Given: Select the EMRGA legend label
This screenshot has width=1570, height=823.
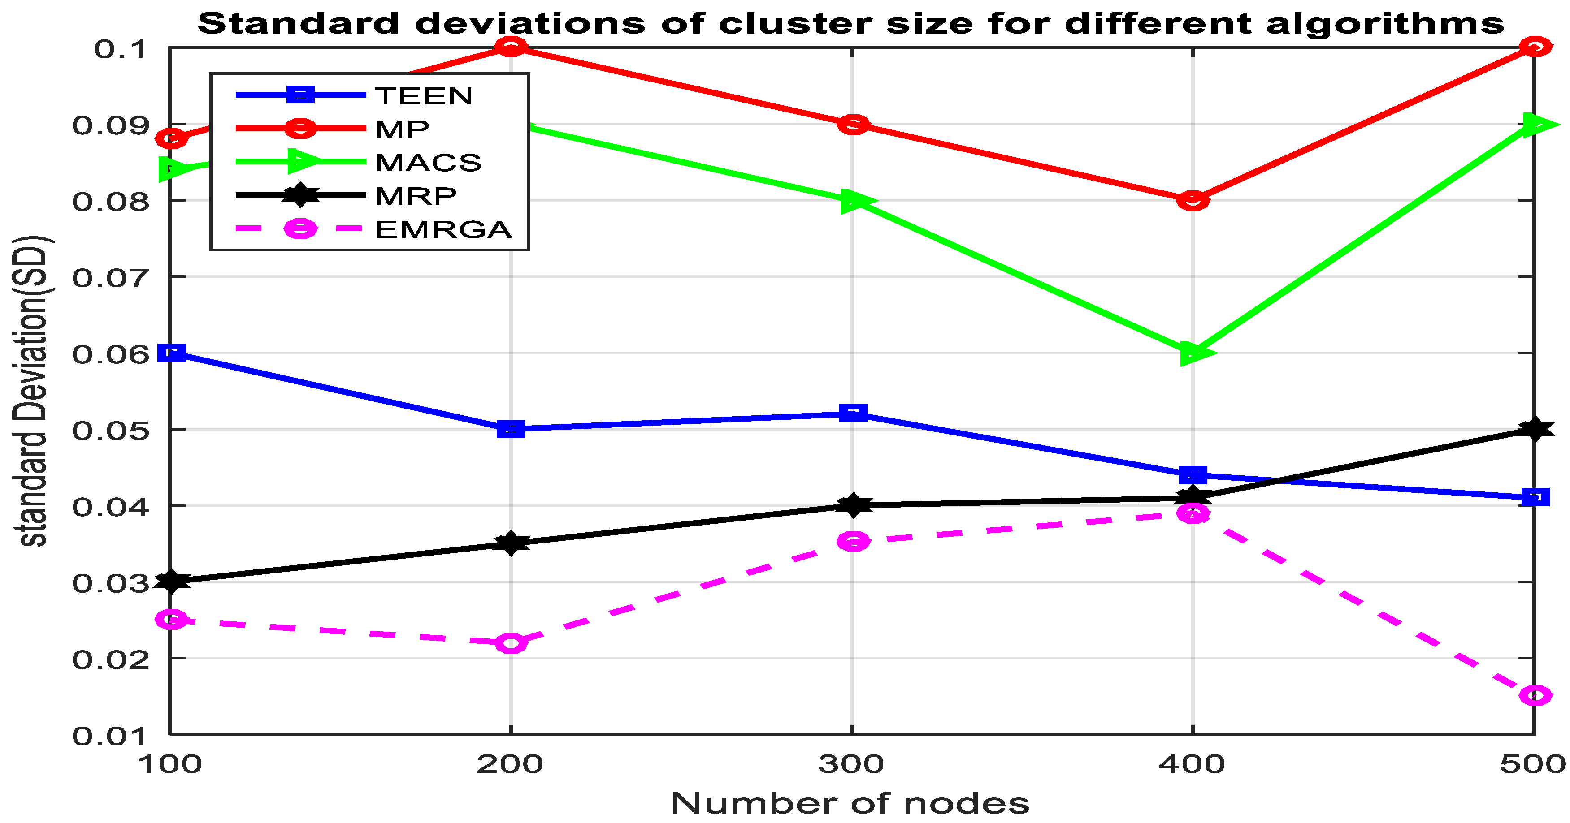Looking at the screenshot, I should tap(443, 230).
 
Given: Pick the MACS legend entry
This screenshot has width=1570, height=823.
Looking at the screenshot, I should tap(428, 163).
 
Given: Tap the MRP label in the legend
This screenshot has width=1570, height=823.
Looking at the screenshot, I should tap(416, 196).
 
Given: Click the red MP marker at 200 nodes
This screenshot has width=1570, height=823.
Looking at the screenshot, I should tap(511, 47).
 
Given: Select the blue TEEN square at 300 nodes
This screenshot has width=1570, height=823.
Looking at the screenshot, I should tap(853, 414).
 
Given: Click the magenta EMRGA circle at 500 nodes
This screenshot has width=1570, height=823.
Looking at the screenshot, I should tap(1535, 695).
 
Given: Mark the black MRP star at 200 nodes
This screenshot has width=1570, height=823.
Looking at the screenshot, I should tap(511, 543).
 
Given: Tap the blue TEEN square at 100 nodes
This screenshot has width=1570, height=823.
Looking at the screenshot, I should tap(171, 353).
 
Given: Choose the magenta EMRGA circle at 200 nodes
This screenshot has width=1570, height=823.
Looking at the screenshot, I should tap(511, 643).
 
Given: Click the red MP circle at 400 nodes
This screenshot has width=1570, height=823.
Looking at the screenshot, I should tap(1193, 200).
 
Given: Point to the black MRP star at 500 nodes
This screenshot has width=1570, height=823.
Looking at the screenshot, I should tap(1535, 429).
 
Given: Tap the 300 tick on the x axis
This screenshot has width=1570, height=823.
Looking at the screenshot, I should tap(851, 764).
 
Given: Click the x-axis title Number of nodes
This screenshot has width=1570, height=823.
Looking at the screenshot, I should tap(850, 804).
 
